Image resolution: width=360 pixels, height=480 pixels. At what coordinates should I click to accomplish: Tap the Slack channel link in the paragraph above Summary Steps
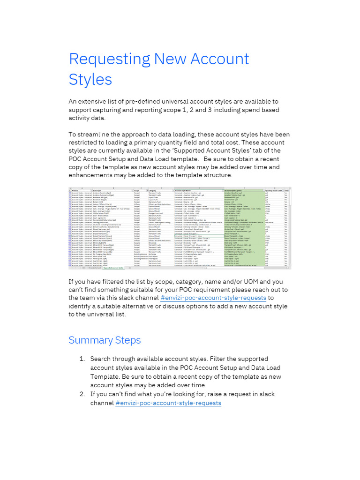tap(214, 298)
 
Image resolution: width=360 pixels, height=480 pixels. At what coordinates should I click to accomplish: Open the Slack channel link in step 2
tap(168, 403)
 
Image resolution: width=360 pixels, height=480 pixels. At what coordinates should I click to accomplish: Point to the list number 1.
tap(82, 359)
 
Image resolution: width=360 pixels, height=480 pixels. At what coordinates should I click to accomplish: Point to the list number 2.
tap(82, 394)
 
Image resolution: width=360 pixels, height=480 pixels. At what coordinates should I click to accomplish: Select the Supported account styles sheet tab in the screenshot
tap(113, 268)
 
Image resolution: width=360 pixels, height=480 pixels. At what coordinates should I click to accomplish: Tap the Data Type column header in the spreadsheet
tap(97, 191)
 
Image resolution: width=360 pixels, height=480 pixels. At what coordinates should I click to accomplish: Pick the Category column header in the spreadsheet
tap(153, 191)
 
